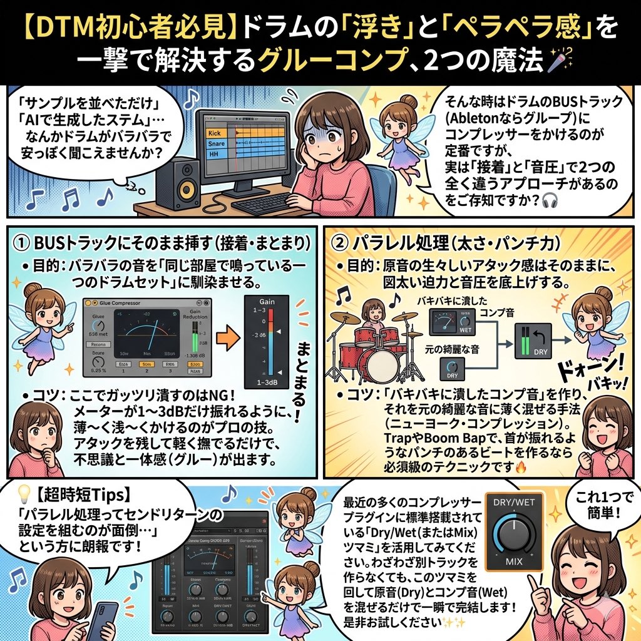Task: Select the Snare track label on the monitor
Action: [x=215, y=144]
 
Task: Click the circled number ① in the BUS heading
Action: [x=24, y=242]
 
